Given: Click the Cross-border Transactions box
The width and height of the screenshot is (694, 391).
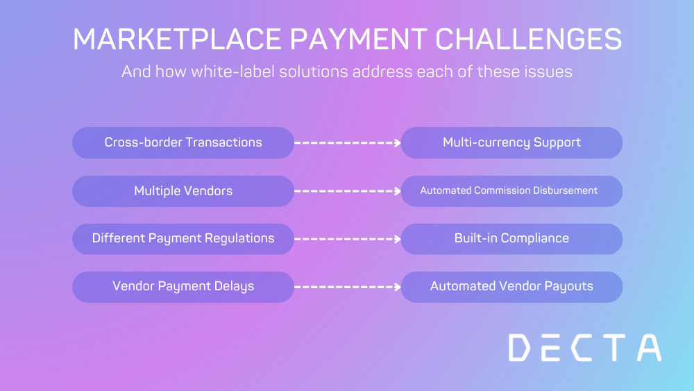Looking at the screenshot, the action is pos(183,142).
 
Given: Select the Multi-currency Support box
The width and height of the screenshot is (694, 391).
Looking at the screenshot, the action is pos(511,142).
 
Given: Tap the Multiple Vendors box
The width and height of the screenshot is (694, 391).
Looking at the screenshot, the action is pos(183,191).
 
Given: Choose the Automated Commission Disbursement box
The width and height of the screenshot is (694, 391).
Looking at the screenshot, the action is pos(511,191).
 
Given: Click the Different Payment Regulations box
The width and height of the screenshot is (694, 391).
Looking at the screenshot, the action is pos(183,239).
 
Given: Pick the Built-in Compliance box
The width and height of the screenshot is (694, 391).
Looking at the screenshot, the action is pos(511,239).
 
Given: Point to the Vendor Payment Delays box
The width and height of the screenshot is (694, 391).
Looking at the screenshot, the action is pos(183,287).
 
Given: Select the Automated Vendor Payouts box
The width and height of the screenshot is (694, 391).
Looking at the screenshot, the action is pos(511,287).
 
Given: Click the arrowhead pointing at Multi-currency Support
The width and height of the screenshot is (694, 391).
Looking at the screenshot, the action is pos(398,142).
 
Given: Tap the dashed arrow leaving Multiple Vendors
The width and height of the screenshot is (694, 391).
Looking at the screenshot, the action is pos(348,191).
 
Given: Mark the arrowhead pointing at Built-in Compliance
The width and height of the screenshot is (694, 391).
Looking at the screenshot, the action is pos(398,239).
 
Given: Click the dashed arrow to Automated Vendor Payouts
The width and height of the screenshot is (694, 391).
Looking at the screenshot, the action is pos(348,287).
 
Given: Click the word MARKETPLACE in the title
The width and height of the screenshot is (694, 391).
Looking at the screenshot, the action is pos(177,39).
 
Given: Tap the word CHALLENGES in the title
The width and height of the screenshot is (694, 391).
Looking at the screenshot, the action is pos(529,39).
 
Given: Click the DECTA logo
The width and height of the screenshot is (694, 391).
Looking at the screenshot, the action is pos(585,348).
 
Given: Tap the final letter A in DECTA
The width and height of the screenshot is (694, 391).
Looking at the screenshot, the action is pos(650,348).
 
